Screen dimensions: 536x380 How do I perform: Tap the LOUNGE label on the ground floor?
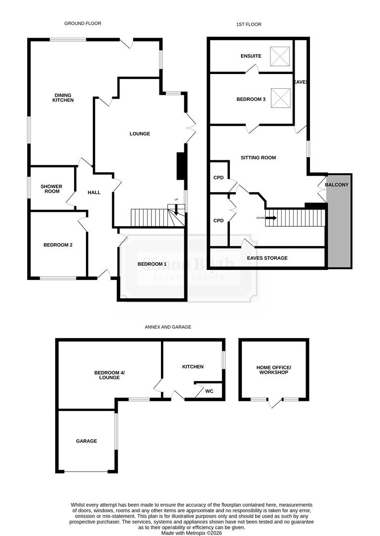pos(140,134)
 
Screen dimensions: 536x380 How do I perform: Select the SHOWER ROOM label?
pos(51,189)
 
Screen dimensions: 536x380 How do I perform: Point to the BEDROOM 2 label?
pos(58,244)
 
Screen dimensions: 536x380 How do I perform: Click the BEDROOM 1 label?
pos(152,264)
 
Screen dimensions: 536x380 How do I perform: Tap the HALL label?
pos(94,192)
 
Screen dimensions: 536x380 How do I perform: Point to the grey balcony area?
pos(339,228)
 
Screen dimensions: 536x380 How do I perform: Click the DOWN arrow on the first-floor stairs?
pos(271,217)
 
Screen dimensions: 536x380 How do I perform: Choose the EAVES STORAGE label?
pos(267,258)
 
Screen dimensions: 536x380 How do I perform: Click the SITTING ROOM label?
pos(258,158)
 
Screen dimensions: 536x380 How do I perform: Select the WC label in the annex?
pos(209,391)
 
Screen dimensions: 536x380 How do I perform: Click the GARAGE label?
pos(86,441)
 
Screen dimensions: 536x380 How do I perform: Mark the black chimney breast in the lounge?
pos(180,166)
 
